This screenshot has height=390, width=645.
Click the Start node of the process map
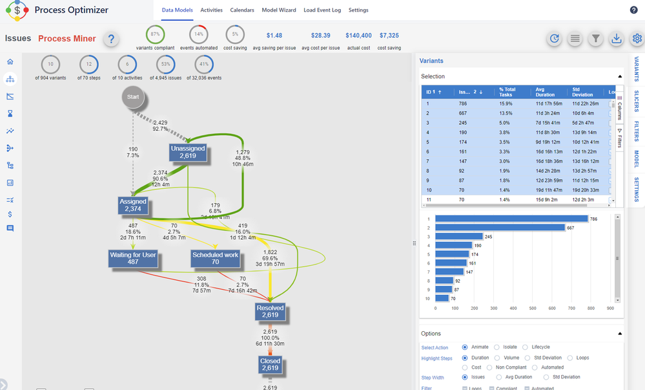133,97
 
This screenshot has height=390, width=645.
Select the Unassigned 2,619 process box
187,152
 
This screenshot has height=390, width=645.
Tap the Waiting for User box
133,258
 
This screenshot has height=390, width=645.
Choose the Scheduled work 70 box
216,258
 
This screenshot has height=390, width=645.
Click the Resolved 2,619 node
270,311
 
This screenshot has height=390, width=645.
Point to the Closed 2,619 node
270,364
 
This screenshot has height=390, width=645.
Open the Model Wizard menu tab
279,10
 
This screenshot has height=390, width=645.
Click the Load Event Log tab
322,10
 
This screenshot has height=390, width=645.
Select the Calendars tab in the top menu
242,10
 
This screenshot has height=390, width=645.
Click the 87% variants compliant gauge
155,34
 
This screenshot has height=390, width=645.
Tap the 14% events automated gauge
199,34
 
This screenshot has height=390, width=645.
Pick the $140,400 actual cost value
358,36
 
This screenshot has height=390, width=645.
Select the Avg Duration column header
546,92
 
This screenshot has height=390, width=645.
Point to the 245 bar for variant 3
458,237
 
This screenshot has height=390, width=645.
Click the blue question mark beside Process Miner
111,39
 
